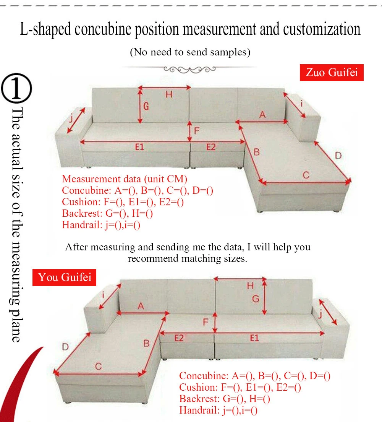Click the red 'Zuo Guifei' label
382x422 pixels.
click(332, 72)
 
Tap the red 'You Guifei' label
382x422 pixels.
click(65, 277)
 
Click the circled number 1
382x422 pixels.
click(17, 89)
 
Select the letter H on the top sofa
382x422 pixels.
click(168, 94)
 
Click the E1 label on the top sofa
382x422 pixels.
click(140, 147)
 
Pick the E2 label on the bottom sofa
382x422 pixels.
click(179, 338)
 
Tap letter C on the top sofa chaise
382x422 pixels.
click(306, 175)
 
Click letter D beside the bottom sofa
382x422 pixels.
click(65, 347)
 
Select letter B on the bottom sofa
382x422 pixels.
click(146, 343)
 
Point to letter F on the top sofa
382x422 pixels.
click(197, 130)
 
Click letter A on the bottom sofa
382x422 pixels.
click(141, 306)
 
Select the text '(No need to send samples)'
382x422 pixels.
click(190, 52)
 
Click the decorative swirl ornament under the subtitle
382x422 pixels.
click(189, 69)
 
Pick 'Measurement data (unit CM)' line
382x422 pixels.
click(125, 179)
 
